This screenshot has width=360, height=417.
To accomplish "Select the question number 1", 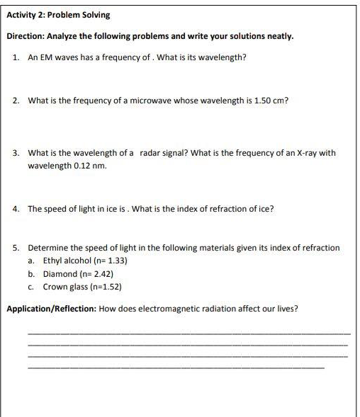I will click(x=16, y=57).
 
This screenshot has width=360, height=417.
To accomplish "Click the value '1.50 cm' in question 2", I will click(x=270, y=101).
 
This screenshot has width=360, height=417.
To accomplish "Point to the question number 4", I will click(x=16, y=209).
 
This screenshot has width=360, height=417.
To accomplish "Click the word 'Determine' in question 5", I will click(x=47, y=248).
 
